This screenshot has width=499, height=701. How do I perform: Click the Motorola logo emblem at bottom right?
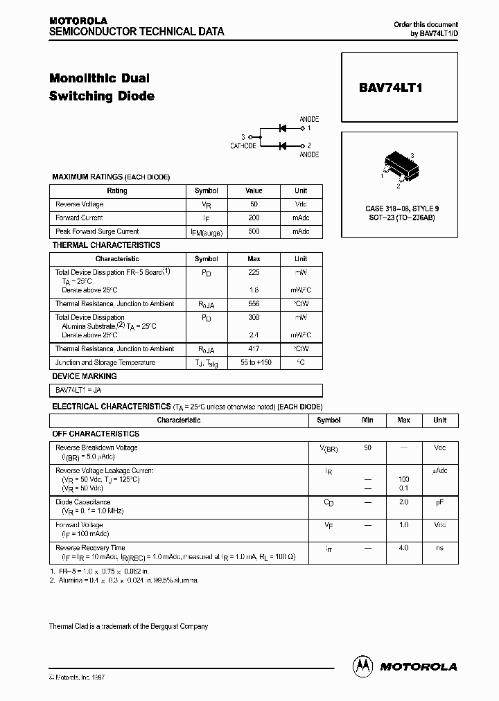(x=362, y=666)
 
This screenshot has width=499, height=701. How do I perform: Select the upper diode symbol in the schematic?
(x=283, y=128)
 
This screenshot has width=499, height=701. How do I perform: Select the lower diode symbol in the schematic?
(x=283, y=145)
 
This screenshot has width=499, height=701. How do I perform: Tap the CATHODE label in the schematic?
(x=243, y=146)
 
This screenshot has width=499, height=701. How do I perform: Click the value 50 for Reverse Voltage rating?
(x=254, y=204)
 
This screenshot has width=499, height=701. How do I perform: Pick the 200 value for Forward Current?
(x=254, y=218)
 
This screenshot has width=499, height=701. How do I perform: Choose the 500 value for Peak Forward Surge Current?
(x=254, y=232)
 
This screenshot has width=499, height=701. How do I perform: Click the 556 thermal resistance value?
(x=254, y=304)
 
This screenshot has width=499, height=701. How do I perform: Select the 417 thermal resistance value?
(x=254, y=349)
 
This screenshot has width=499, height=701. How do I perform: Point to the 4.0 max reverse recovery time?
(x=403, y=548)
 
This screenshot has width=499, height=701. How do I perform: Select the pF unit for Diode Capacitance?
(x=439, y=503)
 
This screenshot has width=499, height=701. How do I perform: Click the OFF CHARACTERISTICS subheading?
(x=96, y=434)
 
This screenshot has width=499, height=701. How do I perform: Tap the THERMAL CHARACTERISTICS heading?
(x=106, y=245)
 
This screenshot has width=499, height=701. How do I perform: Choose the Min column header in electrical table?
(x=367, y=420)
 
